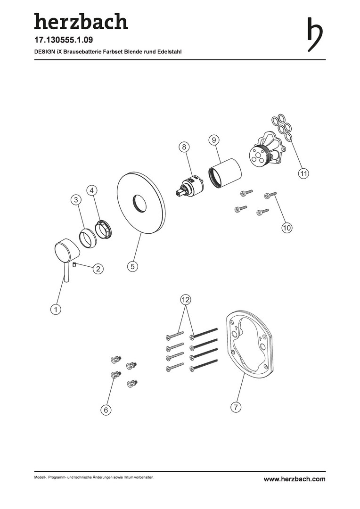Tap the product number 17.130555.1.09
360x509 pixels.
click(x=64, y=40)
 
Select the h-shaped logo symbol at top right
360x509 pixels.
click(x=315, y=34)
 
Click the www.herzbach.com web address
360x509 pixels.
click(x=295, y=479)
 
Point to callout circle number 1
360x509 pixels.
click(x=56, y=309)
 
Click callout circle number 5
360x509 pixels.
click(x=132, y=267)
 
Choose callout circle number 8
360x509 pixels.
click(x=184, y=147)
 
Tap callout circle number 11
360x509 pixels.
click(x=303, y=173)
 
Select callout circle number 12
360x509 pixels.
click(x=185, y=300)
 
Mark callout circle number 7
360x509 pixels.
click(x=236, y=407)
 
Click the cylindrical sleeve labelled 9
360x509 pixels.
click(x=225, y=173)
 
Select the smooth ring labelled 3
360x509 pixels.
click(x=87, y=238)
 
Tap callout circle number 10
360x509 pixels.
click(x=286, y=228)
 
